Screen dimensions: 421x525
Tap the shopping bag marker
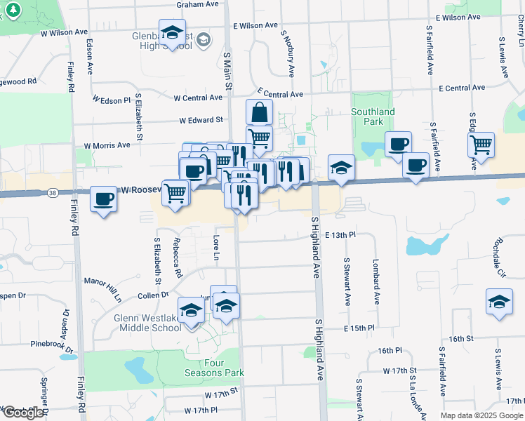point(259,112)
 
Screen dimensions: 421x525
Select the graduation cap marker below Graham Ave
point(172,33)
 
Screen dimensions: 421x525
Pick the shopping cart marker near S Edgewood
point(481,145)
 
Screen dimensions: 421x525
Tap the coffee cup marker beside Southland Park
point(399,145)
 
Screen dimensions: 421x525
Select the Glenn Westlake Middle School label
point(147,323)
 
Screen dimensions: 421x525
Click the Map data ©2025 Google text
point(481,415)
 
